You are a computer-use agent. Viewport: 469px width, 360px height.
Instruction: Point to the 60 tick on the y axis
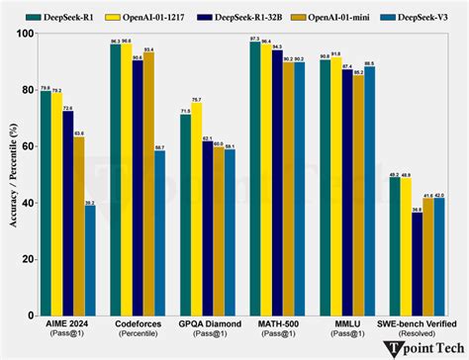click(27, 146)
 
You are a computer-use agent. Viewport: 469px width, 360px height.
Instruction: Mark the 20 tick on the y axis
click(27, 260)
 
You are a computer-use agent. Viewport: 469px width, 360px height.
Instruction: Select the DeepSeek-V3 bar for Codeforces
click(160, 233)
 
